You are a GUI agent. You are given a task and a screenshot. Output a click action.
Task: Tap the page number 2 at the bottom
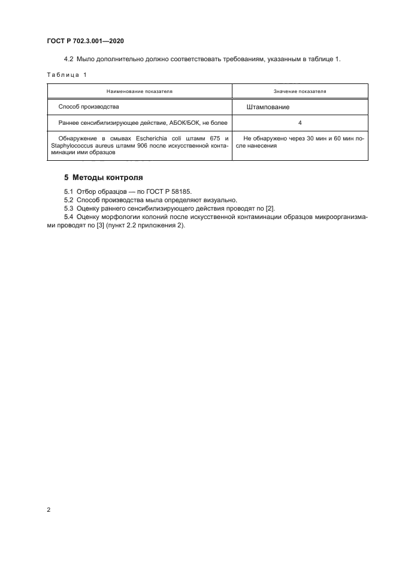49,510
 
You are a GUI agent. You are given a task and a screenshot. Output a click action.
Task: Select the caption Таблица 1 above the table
66,75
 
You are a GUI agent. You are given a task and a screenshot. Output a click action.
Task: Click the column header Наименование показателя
139,91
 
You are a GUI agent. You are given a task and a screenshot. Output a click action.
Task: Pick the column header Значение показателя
300,91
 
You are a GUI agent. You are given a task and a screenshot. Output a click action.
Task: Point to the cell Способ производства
89,106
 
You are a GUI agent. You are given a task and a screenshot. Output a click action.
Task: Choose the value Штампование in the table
268,107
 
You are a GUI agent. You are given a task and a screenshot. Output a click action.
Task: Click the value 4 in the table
299,122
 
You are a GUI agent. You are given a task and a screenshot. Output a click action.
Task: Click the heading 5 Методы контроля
103,178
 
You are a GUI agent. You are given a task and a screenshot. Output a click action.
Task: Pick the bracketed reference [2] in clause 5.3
270,208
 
